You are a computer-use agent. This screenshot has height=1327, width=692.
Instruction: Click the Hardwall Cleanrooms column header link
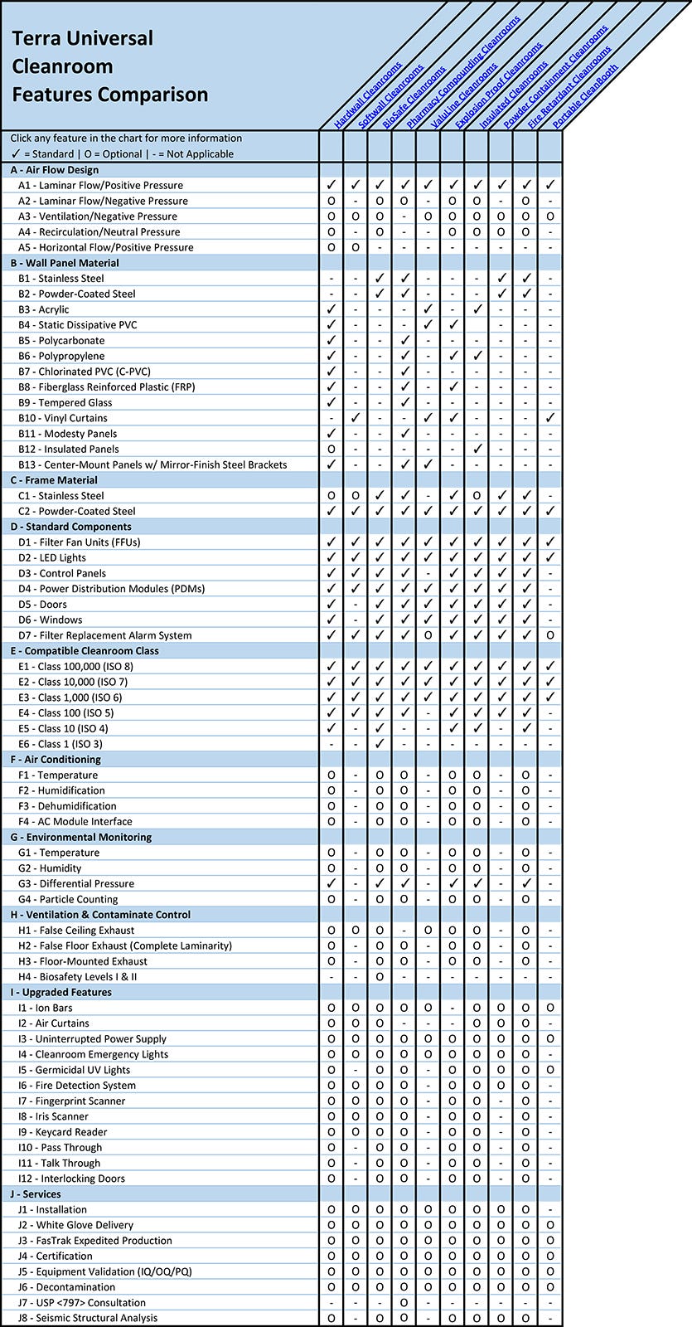click(368, 95)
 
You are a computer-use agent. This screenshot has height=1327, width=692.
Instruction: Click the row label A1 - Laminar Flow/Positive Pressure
click(100, 186)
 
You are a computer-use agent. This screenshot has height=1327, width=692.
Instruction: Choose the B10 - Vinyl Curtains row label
click(63, 418)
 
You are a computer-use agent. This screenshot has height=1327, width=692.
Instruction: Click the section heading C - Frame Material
click(54, 480)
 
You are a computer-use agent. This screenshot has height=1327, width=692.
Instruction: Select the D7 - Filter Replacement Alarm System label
click(104, 635)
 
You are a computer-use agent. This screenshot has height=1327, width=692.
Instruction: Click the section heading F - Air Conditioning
click(56, 760)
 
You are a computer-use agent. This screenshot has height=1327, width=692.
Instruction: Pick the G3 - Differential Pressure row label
click(76, 884)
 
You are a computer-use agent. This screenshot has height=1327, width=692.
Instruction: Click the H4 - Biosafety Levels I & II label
click(78, 977)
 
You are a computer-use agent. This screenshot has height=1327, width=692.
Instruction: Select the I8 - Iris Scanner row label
click(53, 1116)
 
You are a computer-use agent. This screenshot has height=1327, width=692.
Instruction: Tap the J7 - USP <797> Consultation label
click(82, 1303)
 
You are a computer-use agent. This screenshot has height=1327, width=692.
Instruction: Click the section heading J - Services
click(36, 1194)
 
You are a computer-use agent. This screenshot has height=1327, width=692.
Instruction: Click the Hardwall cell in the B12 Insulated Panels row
click(331, 450)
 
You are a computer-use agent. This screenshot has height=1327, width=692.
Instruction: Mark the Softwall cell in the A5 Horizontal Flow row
click(356, 247)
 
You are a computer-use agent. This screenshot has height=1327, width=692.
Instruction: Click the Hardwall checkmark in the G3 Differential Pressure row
click(331, 884)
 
